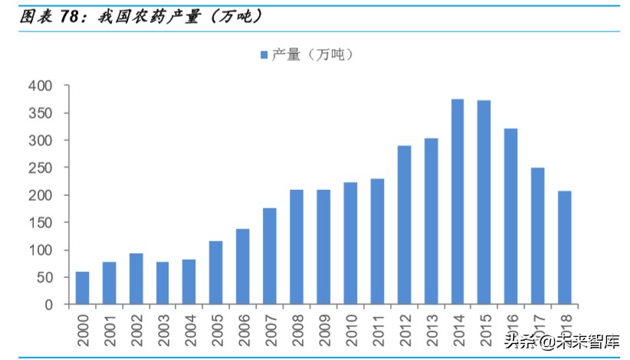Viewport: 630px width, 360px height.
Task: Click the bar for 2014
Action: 458,201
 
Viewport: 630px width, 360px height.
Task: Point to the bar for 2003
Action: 162,283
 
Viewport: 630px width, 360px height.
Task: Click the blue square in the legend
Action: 264,54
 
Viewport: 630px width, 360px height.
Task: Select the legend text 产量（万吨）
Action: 311,54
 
